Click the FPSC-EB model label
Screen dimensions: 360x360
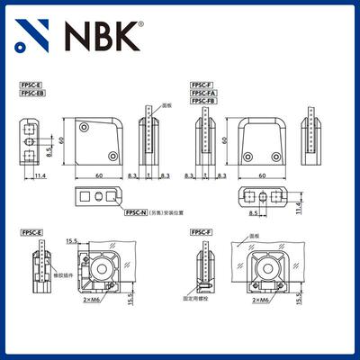(x=32, y=92)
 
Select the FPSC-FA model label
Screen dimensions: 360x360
(x=202, y=93)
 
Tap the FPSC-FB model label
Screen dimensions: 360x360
(x=202, y=101)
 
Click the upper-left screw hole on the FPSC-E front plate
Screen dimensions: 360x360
(x=85, y=129)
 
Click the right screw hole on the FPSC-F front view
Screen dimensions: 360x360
(x=276, y=158)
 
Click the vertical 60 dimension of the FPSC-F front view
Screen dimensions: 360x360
(x=223, y=140)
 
